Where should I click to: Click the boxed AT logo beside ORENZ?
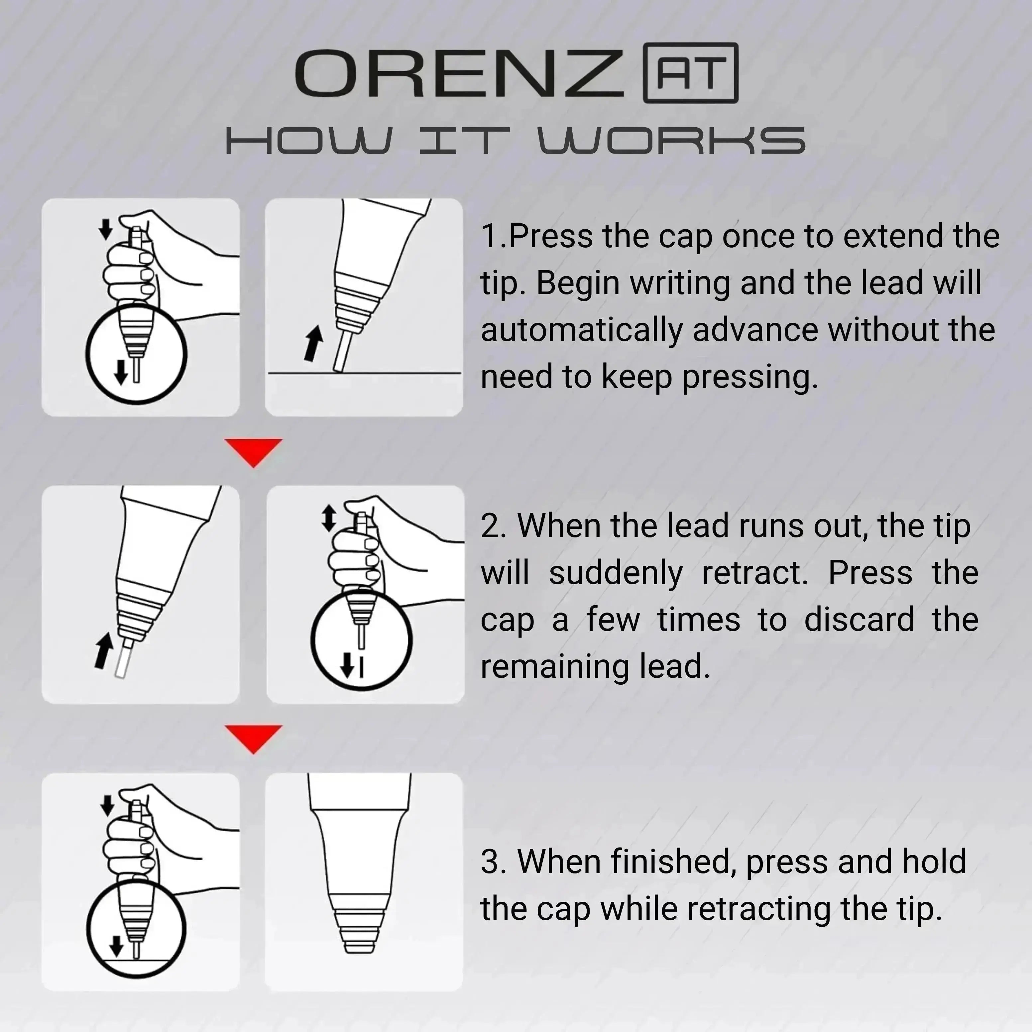(691, 73)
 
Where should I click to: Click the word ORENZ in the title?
(459, 73)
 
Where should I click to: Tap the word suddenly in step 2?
(615, 573)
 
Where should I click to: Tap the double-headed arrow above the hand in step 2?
(328, 518)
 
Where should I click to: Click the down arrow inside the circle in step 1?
(121, 372)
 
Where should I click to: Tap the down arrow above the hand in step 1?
(106, 229)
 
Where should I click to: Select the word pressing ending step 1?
(749, 377)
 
